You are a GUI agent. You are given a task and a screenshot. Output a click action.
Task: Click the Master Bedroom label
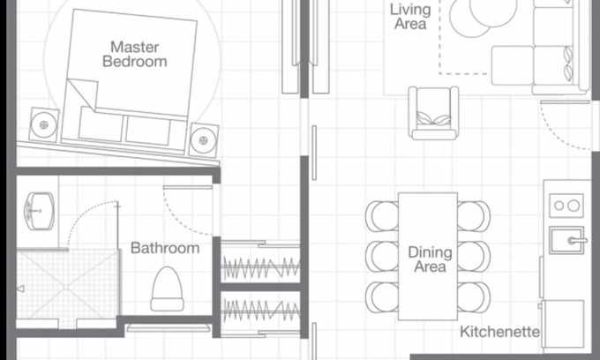click(135, 55)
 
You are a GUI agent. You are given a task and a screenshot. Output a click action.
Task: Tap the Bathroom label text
click(165, 248)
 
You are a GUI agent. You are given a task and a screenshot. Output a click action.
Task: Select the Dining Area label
click(430, 259)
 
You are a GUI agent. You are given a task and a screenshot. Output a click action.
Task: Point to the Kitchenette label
click(499, 332)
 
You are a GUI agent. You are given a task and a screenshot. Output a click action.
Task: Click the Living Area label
click(410, 17)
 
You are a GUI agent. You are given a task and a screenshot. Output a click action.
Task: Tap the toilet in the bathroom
click(168, 289)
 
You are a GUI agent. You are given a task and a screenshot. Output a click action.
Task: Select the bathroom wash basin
click(40, 211)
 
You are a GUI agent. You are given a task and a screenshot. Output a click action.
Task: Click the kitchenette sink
click(567, 240)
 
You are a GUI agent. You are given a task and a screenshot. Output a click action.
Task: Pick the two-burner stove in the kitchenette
click(566, 206)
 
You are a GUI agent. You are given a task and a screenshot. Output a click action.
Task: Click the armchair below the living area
click(433, 113)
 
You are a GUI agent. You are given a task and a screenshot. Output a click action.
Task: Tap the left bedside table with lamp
click(44, 124)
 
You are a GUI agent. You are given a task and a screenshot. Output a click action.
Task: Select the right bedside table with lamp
click(204, 140)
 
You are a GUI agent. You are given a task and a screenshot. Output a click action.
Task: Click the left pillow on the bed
click(101, 124)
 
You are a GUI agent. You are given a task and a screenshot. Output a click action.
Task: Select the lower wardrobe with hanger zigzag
click(260, 310)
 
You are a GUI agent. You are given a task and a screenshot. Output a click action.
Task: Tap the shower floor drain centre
click(66, 286)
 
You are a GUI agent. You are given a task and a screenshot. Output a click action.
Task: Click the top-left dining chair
click(382, 216)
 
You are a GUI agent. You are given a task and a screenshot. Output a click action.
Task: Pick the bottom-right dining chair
click(474, 297)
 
